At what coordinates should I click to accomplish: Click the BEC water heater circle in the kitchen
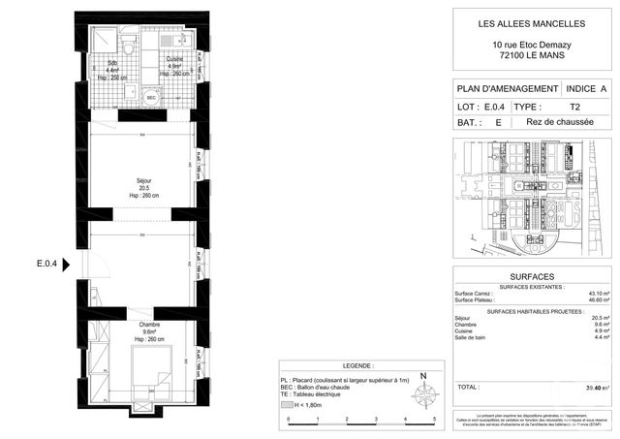[x=151, y=98]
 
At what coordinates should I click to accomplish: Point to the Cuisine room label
[x=173, y=60]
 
